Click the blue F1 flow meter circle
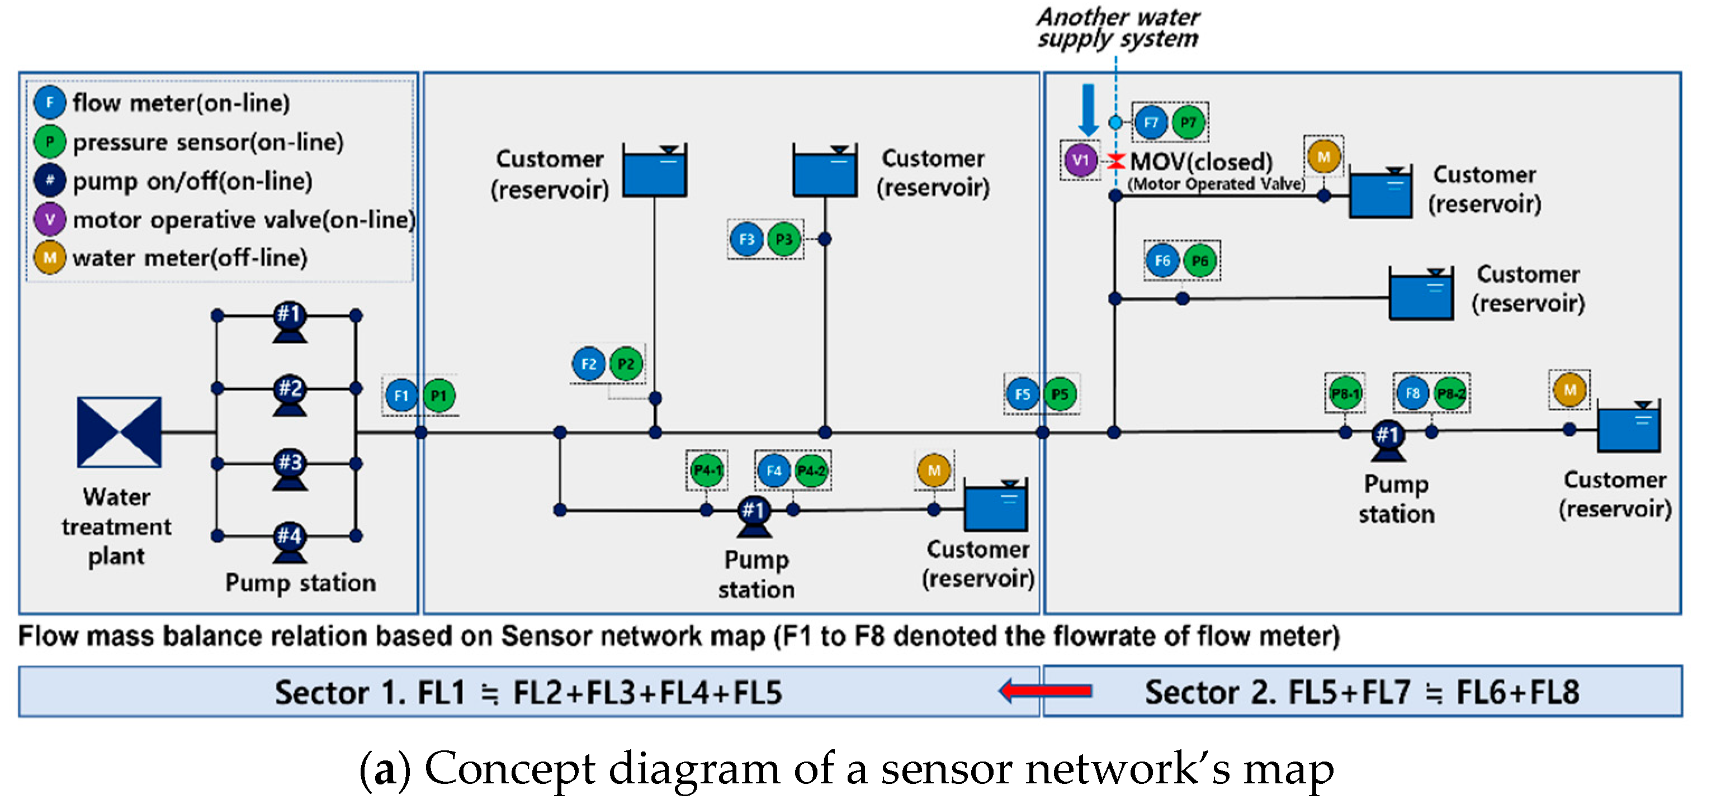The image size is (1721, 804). point(401,396)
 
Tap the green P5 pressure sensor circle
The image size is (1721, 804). point(1060,394)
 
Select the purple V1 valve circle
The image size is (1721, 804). point(1080,160)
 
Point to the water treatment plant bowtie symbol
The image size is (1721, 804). point(119,432)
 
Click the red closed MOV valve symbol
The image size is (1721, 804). point(1115,161)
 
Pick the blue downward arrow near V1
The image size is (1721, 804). point(1088,110)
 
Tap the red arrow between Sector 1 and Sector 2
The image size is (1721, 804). point(1046,691)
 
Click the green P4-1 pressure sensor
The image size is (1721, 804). point(707,470)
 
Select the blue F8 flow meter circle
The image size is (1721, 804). point(1412,393)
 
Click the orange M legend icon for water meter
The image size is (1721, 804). point(49,258)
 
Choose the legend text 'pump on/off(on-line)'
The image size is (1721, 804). point(192,181)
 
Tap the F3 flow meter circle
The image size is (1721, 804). point(746,239)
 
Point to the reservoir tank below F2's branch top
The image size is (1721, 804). point(654,171)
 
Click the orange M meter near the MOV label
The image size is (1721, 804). point(1323,157)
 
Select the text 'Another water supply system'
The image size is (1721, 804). point(1118,28)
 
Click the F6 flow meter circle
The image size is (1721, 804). point(1162,260)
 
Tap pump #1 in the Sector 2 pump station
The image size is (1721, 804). point(1388,438)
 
